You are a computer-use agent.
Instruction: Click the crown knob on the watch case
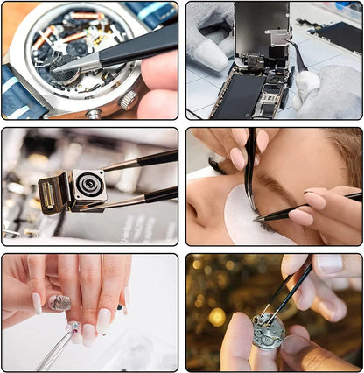pos(128,99)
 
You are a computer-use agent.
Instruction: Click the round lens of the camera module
pos(87,186)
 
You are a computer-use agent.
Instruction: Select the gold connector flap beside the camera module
pos(49,192)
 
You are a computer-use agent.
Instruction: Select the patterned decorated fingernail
pos(59,303)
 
